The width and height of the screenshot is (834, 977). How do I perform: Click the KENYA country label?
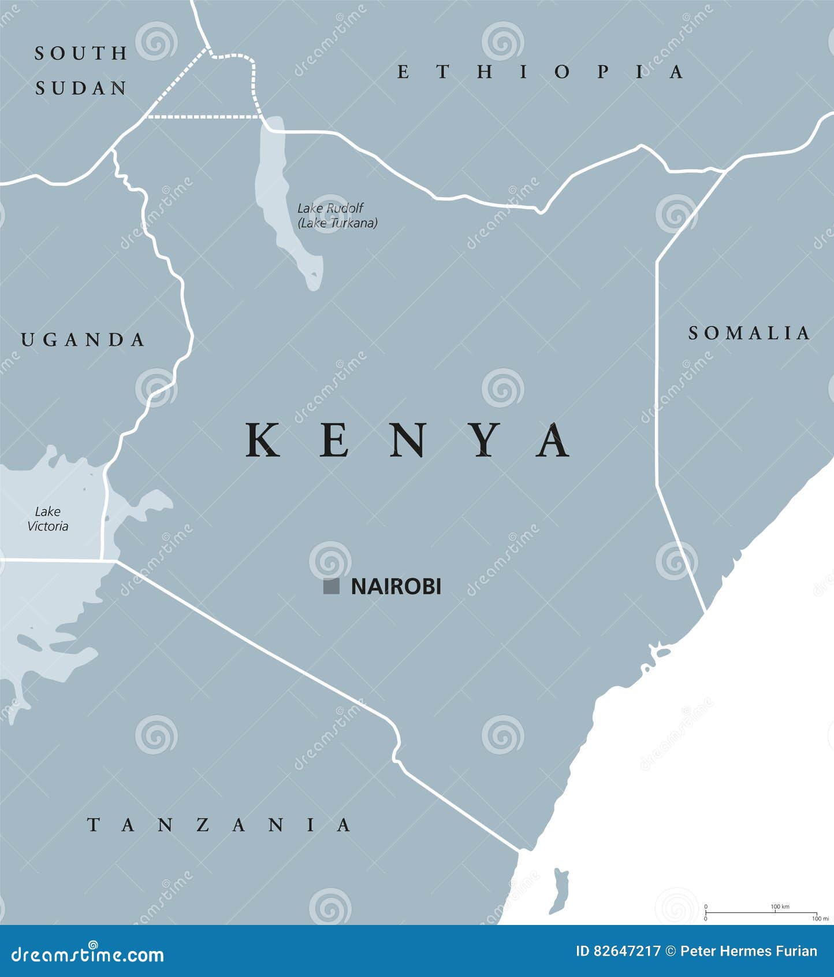click(x=408, y=441)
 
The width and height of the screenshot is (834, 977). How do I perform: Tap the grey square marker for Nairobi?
click(x=331, y=586)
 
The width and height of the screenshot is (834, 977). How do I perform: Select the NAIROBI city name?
click(x=396, y=586)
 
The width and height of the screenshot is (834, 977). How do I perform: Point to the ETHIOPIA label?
click(x=541, y=72)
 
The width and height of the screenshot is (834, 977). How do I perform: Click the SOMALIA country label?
click(x=749, y=333)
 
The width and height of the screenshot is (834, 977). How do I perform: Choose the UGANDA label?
click(x=83, y=340)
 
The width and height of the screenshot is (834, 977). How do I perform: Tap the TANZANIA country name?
click(x=219, y=824)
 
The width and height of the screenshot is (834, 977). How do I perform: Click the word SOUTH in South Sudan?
click(x=81, y=53)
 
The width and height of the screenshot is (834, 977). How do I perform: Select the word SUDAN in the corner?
click(x=81, y=88)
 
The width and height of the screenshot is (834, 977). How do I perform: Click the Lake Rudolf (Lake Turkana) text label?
click(x=337, y=216)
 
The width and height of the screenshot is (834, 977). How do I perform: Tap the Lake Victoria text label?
click(x=47, y=519)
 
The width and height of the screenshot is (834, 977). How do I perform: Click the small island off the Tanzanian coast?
click(x=559, y=890)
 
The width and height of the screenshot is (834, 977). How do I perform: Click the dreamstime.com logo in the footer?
click(x=88, y=954)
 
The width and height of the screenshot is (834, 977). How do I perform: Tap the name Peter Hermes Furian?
click(x=749, y=952)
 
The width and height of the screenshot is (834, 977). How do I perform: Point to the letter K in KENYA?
click(x=263, y=441)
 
